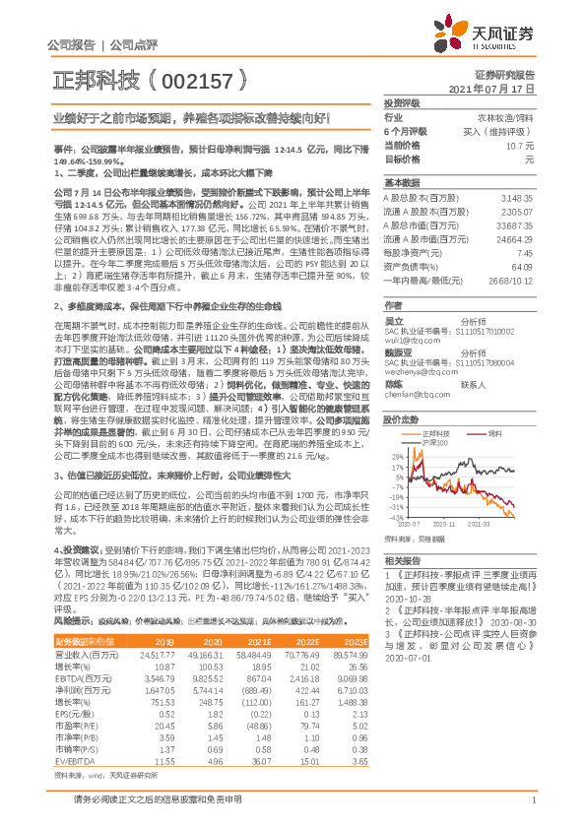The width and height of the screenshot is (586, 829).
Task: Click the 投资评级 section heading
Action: coord(402,102)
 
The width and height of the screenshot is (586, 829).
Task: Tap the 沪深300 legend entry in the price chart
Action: coord(434,417)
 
